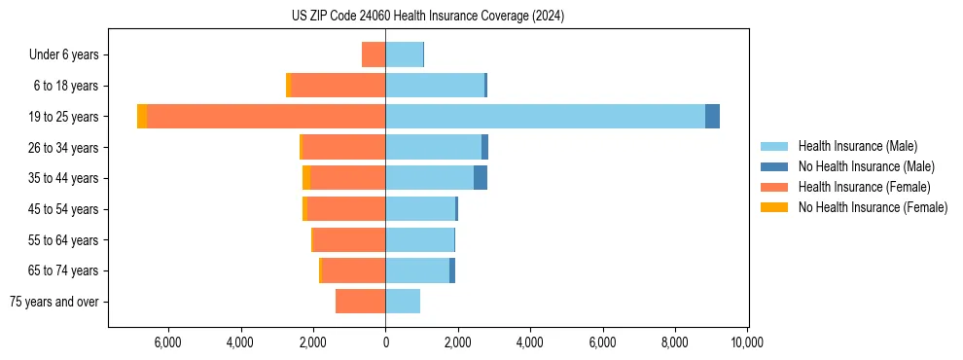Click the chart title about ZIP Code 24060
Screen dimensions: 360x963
(427, 17)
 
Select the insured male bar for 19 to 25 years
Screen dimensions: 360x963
(545, 116)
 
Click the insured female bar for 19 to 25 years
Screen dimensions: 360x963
(266, 116)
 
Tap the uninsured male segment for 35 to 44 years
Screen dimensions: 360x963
(480, 178)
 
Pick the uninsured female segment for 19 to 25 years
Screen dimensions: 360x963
(142, 116)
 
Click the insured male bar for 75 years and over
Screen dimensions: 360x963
(403, 302)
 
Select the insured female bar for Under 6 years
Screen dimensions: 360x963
(374, 54)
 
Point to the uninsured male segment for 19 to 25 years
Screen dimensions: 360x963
(712, 116)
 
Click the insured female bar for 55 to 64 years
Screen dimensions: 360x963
(349, 239)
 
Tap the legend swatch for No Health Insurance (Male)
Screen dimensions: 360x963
(774, 166)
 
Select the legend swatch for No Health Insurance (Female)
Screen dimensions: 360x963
(774, 207)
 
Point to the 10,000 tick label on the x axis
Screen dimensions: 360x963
(747, 342)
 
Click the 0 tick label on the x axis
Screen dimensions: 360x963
(385, 342)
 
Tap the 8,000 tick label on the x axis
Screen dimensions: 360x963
(675, 342)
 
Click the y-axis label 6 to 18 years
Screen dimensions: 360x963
(66, 86)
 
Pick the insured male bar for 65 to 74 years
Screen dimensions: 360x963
(417, 270)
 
